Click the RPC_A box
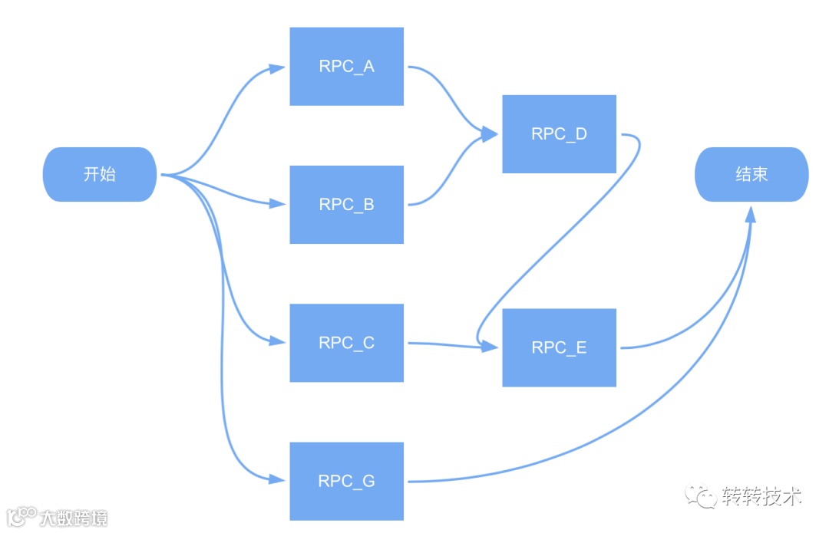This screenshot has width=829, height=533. (x=346, y=67)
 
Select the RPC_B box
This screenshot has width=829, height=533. (x=346, y=205)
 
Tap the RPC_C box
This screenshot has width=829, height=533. (x=346, y=343)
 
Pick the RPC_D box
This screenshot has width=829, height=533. (x=559, y=134)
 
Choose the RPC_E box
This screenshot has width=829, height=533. (x=559, y=347)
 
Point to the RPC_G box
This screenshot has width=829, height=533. (x=346, y=481)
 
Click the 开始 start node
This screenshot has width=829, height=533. (x=100, y=174)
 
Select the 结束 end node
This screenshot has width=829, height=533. (x=751, y=174)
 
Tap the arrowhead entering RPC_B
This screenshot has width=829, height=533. (x=279, y=204)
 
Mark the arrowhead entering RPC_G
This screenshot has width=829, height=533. (x=279, y=480)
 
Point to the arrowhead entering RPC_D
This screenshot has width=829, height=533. (x=490, y=135)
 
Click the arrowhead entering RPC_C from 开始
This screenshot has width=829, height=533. (x=279, y=341)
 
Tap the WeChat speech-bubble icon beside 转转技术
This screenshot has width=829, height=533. (x=701, y=495)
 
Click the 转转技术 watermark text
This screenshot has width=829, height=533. (x=761, y=496)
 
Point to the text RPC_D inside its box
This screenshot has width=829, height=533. (x=559, y=134)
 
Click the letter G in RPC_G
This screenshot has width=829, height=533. (x=368, y=482)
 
